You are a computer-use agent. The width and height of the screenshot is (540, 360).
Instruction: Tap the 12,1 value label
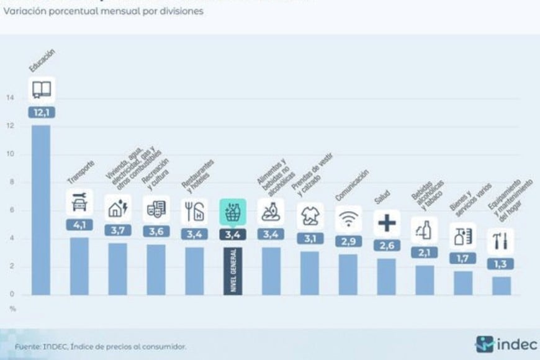tap(41, 112)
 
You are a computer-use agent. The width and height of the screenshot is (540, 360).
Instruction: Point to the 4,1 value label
tap(79, 225)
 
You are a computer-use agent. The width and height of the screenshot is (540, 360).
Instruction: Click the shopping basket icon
tap(233, 212)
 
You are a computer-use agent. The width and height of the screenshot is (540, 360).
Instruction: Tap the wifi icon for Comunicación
tap(348, 218)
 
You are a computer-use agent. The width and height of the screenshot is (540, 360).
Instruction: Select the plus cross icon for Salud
tap(387, 223)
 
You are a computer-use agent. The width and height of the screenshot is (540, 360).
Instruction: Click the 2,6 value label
tap(387, 245)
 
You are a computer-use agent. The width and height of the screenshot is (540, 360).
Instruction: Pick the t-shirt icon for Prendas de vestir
tap(310, 215)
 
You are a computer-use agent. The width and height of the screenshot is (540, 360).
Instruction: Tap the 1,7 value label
tap(463, 258)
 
